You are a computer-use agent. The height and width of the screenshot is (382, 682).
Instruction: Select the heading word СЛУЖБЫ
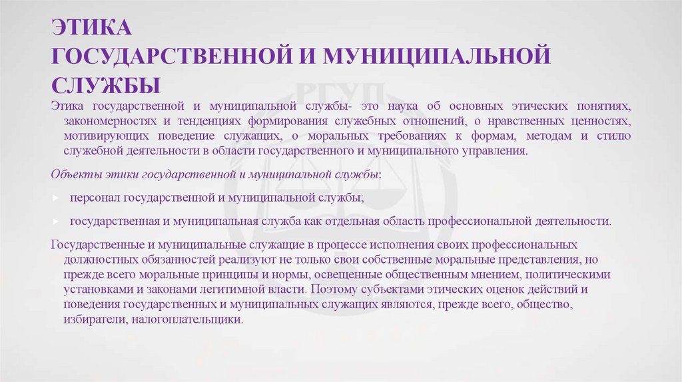point(107,85)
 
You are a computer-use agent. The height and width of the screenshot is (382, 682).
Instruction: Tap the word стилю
point(615,136)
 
